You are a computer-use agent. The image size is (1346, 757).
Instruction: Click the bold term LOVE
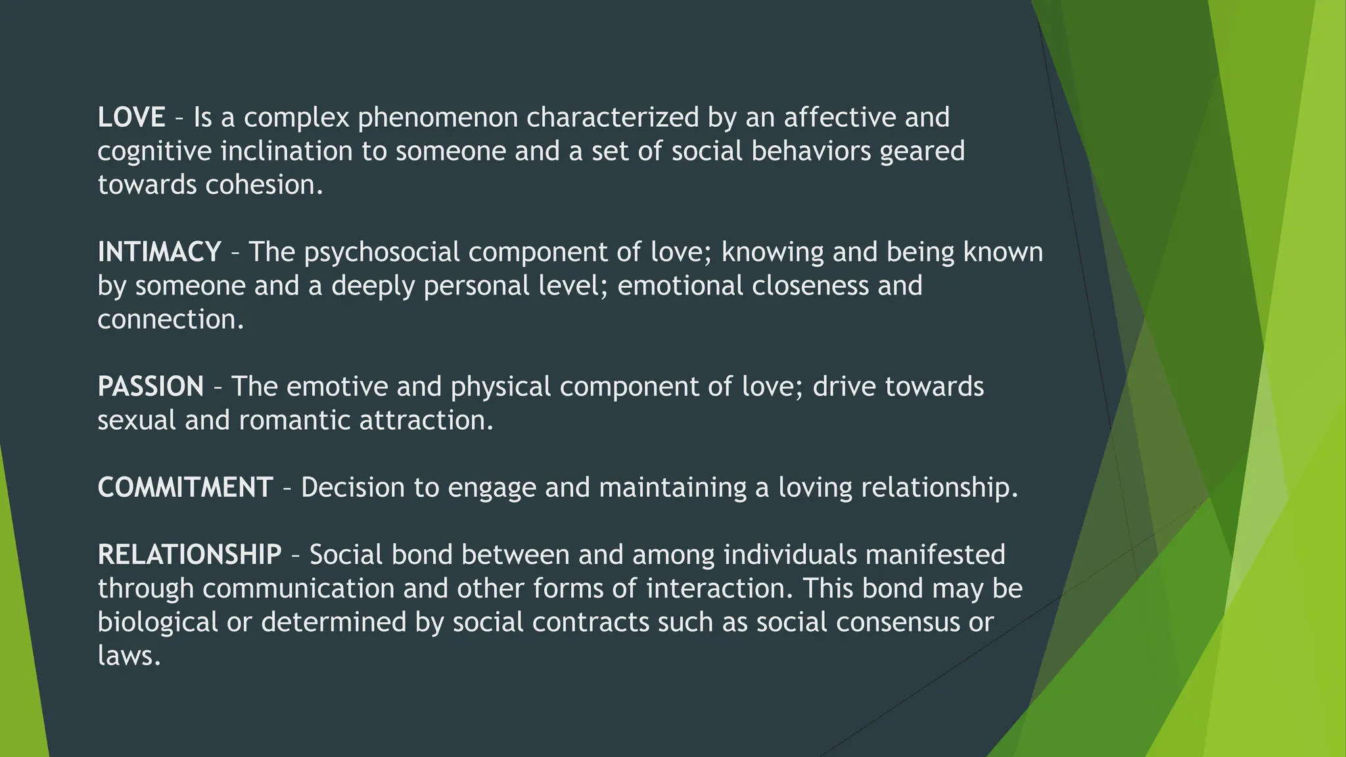[131, 118]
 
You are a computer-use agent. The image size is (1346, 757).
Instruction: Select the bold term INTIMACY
[159, 252]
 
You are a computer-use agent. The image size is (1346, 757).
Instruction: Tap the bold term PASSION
[151, 386]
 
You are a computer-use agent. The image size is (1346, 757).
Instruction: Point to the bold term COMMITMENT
[185, 488]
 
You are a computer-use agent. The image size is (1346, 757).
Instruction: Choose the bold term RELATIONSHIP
[189, 555]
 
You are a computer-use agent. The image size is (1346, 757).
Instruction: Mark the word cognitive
[154, 152]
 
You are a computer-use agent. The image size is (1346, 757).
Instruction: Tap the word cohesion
[264, 185]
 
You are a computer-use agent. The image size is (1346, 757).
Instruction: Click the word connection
[170, 320]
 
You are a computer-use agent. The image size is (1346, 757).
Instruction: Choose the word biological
[158, 622]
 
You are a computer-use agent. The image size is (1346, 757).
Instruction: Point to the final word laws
[129, 656]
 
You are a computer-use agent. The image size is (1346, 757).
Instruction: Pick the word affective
[840, 118]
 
